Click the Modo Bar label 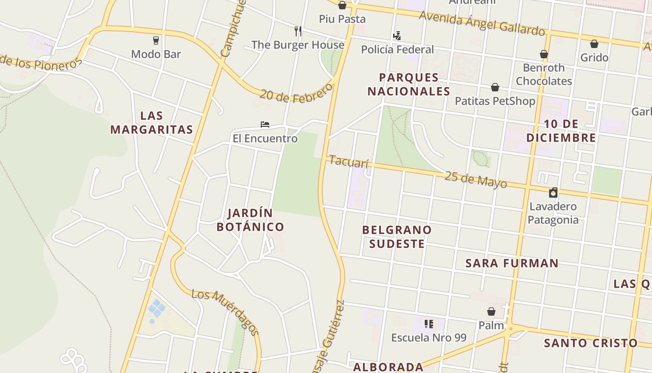(x=156, y=54)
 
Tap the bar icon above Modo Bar (x=156, y=41)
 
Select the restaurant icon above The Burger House (x=298, y=31)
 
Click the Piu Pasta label (x=342, y=19)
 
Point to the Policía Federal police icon (x=397, y=35)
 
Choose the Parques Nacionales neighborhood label (x=409, y=84)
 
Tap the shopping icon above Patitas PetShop (x=495, y=87)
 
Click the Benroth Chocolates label (x=543, y=74)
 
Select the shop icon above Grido (x=594, y=44)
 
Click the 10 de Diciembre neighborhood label (x=561, y=131)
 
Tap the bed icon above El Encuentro (x=265, y=124)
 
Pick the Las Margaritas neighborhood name (x=152, y=123)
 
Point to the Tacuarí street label (x=349, y=162)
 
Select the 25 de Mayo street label (x=475, y=179)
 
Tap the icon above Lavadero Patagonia (x=553, y=193)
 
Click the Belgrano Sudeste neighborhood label (x=397, y=236)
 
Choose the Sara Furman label (x=512, y=263)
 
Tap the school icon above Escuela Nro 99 (x=429, y=324)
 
